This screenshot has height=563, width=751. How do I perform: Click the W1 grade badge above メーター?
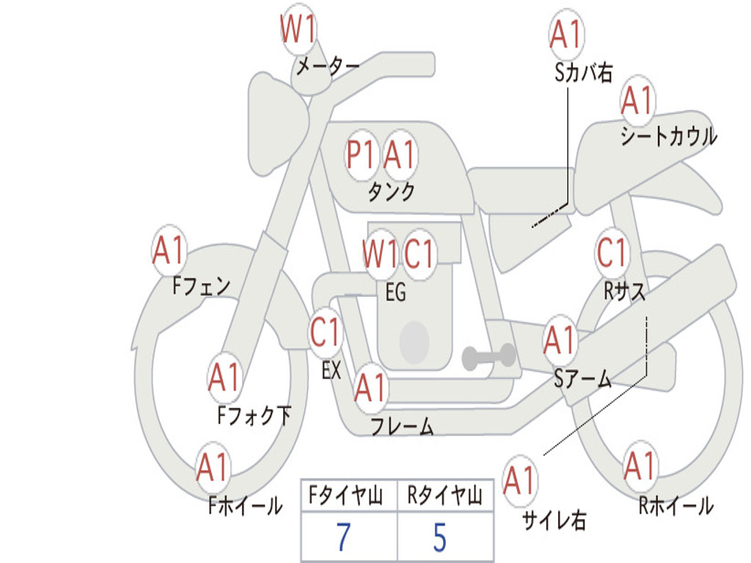tap(298, 32)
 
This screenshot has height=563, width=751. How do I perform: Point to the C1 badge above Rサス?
tap(612, 254)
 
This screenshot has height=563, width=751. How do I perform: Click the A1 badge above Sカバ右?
tap(565, 34)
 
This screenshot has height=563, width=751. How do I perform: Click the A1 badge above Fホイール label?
tap(213, 468)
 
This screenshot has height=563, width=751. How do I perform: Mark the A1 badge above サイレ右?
tap(519, 482)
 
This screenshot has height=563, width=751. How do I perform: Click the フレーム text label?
tap(402, 426)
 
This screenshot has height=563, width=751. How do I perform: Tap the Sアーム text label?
tap(583, 379)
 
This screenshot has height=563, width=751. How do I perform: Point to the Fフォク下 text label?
tap(254, 416)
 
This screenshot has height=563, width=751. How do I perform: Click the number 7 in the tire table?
tap(343, 537)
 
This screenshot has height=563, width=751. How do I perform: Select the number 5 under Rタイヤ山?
tap(439, 537)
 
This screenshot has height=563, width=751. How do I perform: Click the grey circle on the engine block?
tap(414, 342)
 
